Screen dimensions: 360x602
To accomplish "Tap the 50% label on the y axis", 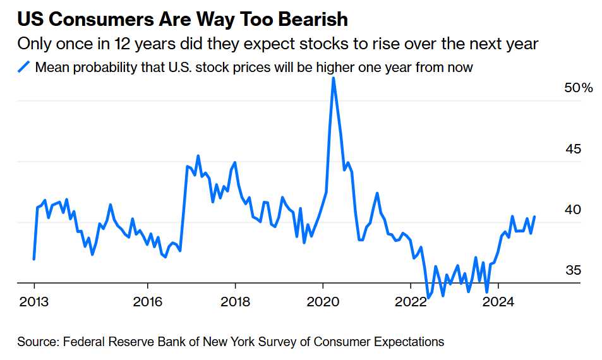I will (578, 88).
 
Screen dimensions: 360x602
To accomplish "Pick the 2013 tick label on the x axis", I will (34, 301).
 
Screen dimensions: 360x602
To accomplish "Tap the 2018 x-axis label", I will (235, 301).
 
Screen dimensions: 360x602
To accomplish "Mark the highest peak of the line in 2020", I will (333, 78).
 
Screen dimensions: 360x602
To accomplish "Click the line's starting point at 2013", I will (33, 259).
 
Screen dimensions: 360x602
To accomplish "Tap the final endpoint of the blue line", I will (534, 217).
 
